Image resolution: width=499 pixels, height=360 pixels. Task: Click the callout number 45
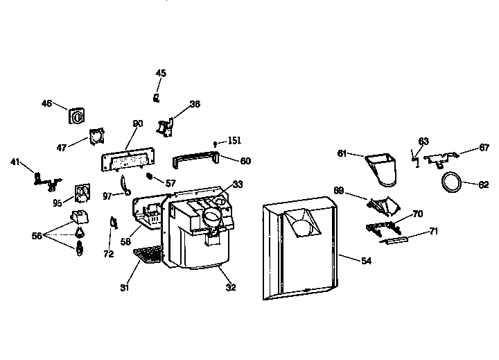(x=161, y=73)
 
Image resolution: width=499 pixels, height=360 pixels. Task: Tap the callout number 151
(x=235, y=141)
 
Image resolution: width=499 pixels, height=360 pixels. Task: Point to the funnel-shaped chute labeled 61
(x=380, y=170)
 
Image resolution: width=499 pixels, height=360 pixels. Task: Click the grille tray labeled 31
(x=147, y=255)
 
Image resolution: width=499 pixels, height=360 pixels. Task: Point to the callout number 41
(x=15, y=162)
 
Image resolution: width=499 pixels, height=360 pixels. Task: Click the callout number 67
(x=484, y=147)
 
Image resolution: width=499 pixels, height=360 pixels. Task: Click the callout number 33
(x=238, y=185)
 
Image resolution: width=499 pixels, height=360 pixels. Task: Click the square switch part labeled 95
(x=82, y=192)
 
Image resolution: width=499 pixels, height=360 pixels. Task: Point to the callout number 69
(x=339, y=189)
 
